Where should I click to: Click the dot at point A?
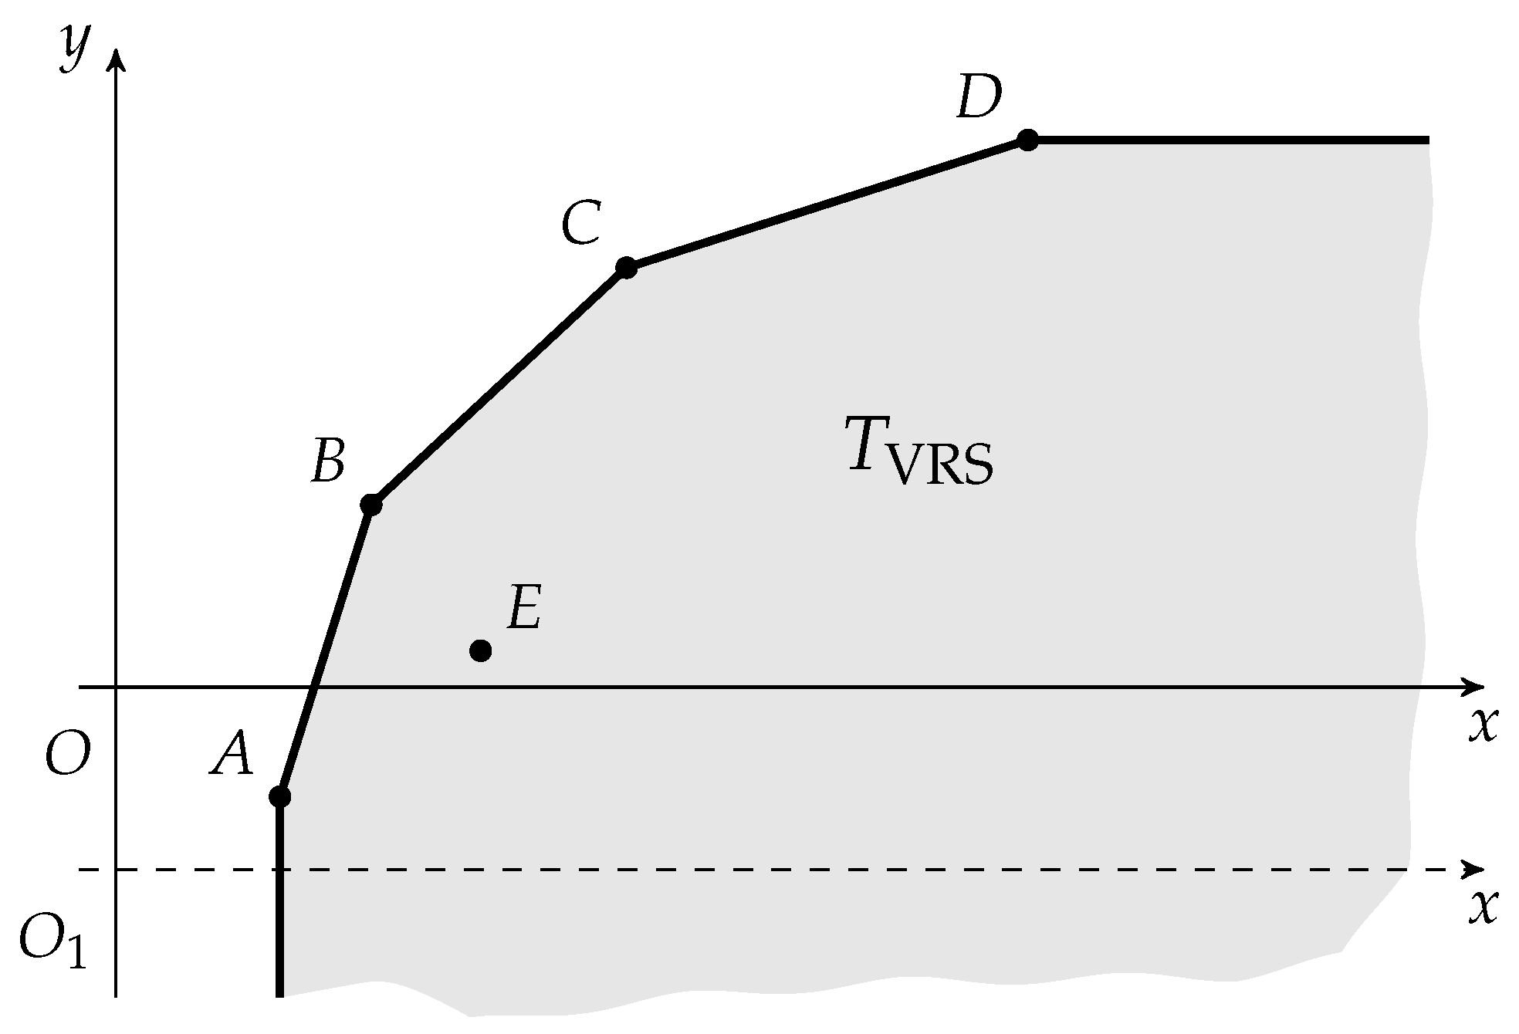279,796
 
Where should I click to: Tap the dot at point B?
371,505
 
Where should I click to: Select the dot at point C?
626,268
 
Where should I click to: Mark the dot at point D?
1027,140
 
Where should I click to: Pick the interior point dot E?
480,650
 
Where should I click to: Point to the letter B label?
327,461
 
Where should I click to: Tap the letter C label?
580,224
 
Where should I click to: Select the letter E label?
524,607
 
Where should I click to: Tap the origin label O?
68,754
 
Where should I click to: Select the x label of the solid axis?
1482,725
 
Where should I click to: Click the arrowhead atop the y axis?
117,59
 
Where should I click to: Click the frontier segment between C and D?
826,204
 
